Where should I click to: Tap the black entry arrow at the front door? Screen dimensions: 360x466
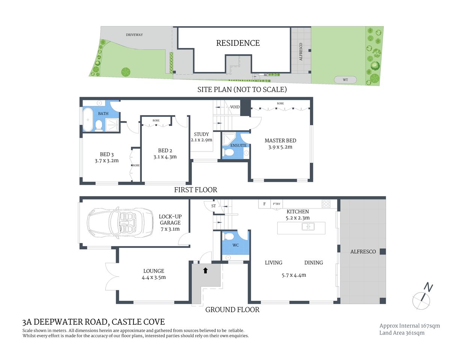pos(205,270)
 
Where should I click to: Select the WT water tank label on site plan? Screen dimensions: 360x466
pos(345,80)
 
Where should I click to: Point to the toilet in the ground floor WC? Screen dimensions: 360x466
pos(229,236)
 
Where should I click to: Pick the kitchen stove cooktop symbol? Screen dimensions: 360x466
pos(326,204)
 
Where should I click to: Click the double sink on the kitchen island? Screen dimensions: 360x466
pos(308,227)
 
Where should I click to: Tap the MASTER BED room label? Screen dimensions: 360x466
pos(280,141)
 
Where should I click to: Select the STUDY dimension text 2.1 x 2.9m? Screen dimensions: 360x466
pos(201,140)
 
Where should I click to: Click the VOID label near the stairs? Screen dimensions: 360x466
pos(235,107)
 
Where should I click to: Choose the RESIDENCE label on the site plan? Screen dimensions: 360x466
pos(238,43)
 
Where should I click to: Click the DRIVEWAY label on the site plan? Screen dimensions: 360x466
pos(134,35)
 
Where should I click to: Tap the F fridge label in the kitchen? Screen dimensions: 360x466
pos(265,204)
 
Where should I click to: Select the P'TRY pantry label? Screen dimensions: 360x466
pos(277,204)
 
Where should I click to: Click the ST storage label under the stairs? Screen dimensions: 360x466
pos(213,206)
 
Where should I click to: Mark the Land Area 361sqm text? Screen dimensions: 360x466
pos(402,333)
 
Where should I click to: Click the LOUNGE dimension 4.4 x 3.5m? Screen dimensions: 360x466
pos(154,277)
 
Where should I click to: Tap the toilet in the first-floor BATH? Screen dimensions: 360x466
pos(99,125)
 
